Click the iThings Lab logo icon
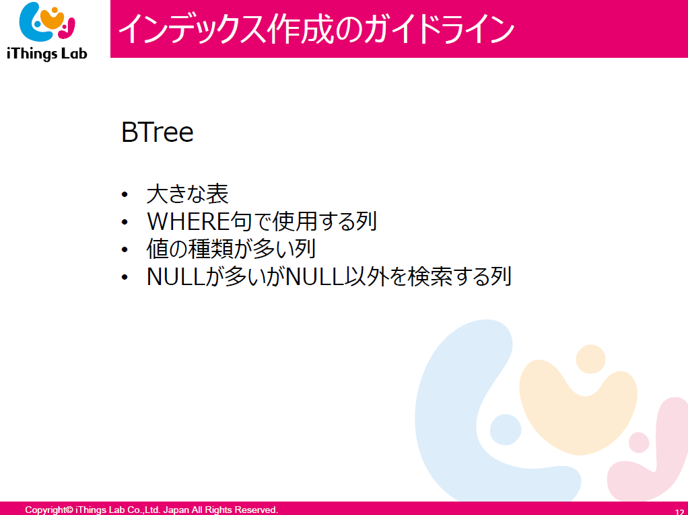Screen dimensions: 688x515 47,22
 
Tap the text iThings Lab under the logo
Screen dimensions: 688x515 47,54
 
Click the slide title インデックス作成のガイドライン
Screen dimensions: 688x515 316,29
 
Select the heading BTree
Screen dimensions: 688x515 157,132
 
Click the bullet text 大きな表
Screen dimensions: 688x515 187,194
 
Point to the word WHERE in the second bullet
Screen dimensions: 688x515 188,221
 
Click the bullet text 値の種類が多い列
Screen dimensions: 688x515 231,249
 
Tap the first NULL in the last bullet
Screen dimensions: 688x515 176,276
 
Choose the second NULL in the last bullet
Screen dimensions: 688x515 315,276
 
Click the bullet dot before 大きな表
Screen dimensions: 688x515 125,194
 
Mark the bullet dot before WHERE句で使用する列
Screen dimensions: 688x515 125,223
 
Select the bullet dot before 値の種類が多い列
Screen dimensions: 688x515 125,250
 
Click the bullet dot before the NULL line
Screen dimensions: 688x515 125,278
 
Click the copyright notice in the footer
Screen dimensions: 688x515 151,510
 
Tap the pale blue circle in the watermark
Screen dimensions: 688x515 506,430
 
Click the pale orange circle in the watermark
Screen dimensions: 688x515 590,359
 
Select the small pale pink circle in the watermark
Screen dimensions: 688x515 639,442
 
